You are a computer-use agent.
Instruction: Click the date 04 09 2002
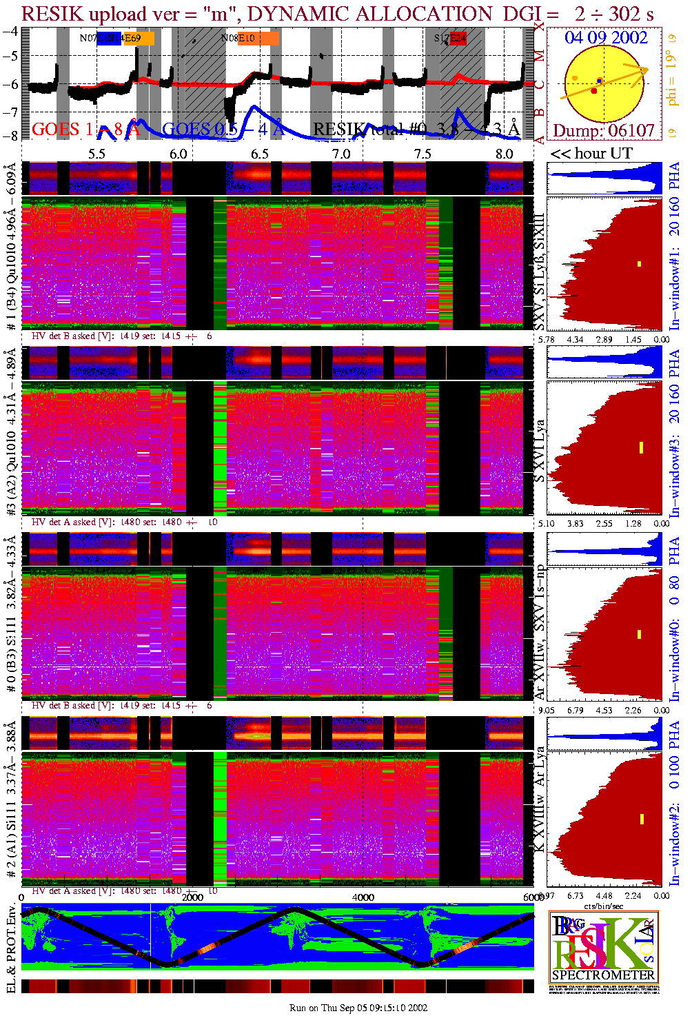[606, 38]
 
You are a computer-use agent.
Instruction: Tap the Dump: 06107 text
[604, 131]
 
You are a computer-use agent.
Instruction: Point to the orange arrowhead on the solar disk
[643, 70]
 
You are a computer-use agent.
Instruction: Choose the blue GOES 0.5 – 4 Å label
[223, 129]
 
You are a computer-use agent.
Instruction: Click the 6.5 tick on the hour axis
[260, 154]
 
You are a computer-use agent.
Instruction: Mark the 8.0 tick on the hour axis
[505, 154]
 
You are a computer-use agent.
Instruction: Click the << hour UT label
[591, 154]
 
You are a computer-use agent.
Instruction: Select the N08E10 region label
[238, 39]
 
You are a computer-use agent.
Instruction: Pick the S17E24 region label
[450, 39]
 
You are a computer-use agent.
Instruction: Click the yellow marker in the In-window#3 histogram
[641, 447]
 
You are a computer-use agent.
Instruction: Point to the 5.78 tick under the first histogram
[546, 340]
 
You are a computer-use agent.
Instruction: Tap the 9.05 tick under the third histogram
[546, 711]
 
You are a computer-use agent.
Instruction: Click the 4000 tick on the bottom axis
[363, 897]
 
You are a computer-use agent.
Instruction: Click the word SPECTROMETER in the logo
[603, 975]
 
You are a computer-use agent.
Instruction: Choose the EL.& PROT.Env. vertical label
[11, 949]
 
